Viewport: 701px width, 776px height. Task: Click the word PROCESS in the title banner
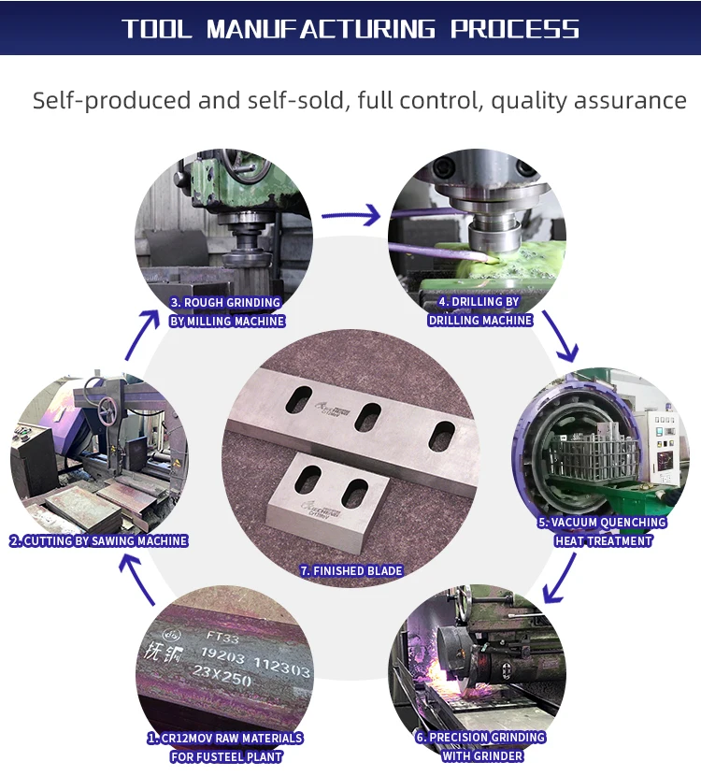click(515, 28)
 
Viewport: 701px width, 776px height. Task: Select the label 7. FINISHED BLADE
click(351, 570)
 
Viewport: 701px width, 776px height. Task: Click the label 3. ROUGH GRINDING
click(225, 302)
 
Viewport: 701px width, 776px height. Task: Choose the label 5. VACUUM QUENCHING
click(602, 523)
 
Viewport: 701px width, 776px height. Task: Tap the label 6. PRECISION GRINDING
click(480, 738)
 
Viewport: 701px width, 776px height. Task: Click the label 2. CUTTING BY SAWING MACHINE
click(98, 540)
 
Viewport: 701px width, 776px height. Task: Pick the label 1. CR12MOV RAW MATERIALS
click(225, 738)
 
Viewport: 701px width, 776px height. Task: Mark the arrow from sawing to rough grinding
click(142, 335)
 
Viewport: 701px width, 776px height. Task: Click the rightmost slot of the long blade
click(441, 436)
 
